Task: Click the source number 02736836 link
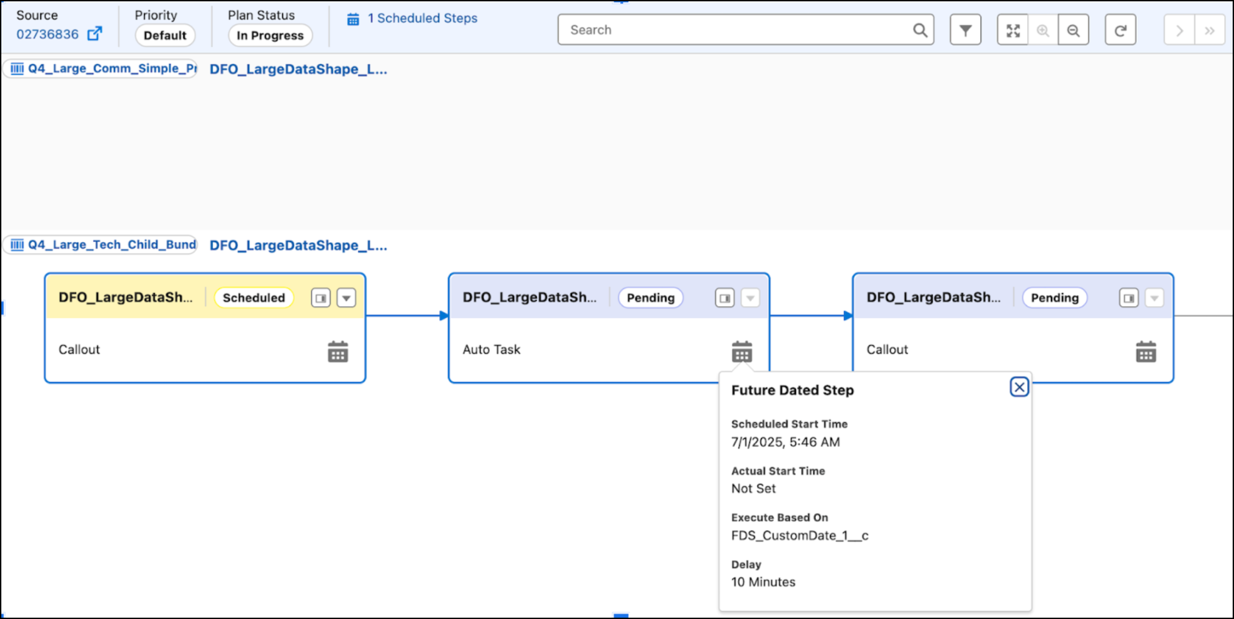coord(48,34)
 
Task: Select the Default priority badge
coord(165,36)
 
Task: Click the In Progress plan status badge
coord(270,36)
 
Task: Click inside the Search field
coord(734,30)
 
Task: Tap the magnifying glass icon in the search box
coord(920,30)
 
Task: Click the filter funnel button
coord(966,30)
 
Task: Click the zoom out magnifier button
coord(1073,30)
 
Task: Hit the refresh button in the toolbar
coord(1120,30)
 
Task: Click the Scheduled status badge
coord(254,298)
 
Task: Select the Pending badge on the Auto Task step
coord(651,298)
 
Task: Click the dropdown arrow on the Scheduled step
coord(347,298)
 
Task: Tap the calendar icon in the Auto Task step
coord(742,352)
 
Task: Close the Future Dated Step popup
coord(1020,387)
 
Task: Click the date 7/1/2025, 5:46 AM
coord(786,442)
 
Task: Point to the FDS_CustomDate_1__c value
coord(800,536)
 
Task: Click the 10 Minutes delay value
coord(763,582)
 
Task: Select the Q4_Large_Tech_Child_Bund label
coord(112,245)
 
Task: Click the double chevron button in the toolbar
coord(1210,30)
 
